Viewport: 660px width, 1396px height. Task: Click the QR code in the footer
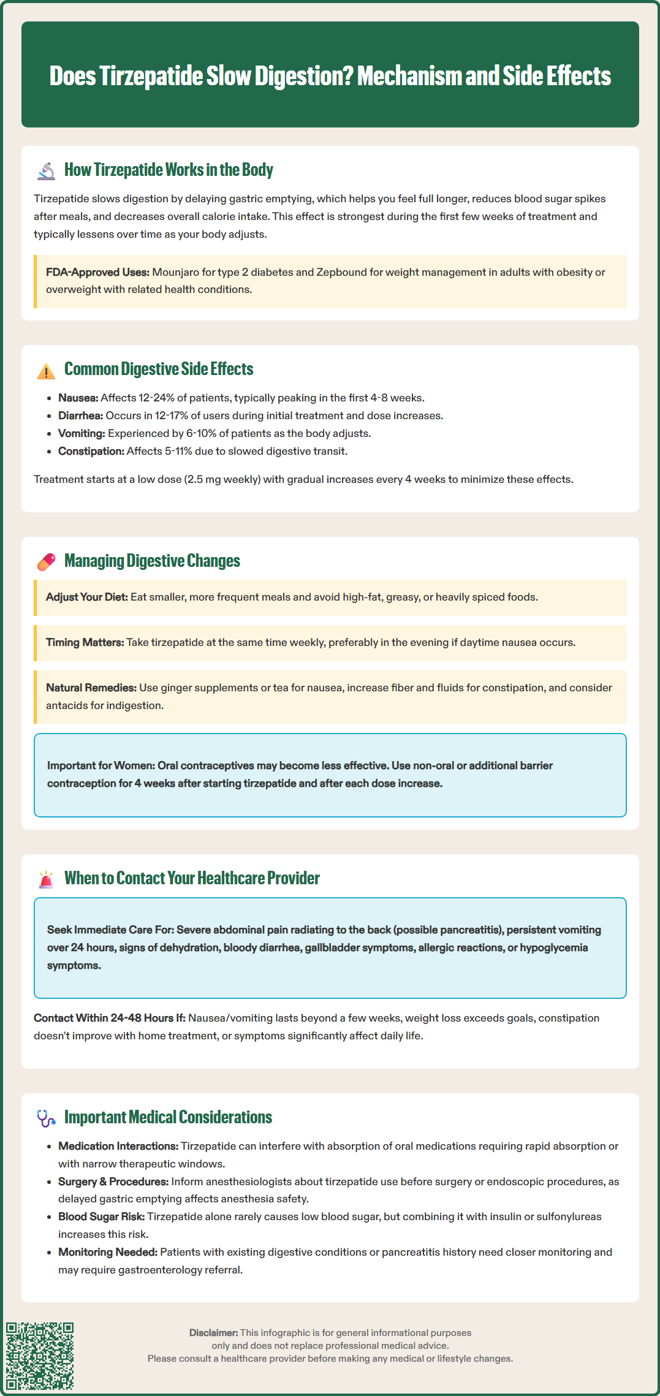(x=40, y=1356)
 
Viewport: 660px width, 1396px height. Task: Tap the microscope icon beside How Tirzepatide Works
(x=46, y=171)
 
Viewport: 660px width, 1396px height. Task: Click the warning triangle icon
(x=46, y=371)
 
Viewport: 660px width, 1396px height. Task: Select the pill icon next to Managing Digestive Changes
(x=46, y=562)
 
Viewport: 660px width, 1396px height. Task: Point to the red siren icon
(x=46, y=879)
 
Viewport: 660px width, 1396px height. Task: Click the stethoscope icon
(x=46, y=1118)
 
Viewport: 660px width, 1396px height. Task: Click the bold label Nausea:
(x=78, y=398)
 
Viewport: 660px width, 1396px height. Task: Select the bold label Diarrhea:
(x=80, y=415)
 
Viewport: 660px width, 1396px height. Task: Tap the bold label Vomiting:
(x=82, y=433)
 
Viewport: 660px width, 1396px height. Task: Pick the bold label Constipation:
(x=91, y=451)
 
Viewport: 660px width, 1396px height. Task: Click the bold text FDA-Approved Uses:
(x=97, y=272)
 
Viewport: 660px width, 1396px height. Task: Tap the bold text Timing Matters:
(x=85, y=642)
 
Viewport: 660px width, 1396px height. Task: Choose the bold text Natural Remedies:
(x=91, y=688)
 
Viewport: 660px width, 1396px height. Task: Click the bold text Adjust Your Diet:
(x=86, y=597)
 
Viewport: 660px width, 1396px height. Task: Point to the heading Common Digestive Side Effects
(x=158, y=369)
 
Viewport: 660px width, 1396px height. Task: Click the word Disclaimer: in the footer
(x=213, y=1332)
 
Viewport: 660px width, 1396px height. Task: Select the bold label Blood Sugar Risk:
(x=101, y=1216)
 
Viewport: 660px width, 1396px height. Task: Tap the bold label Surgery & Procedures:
(x=113, y=1181)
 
